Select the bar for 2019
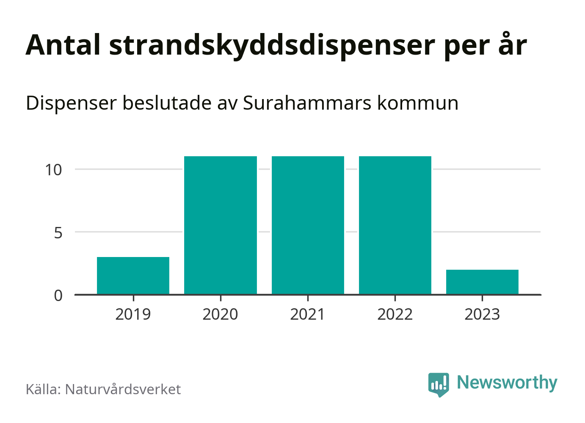(133, 275)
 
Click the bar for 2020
(221, 225)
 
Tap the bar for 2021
(308, 225)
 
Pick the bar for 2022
(395, 225)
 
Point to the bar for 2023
(482, 282)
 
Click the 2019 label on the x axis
(133, 314)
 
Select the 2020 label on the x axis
(221, 314)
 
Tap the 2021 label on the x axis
(308, 314)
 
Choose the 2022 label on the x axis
(395, 314)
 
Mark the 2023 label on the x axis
(482, 314)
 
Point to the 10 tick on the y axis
(54, 170)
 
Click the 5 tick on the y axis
(58, 232)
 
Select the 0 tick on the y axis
(58, 295)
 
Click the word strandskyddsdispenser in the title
(272, 45)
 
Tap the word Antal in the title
(63, 45)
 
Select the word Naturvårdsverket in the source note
(123, 389)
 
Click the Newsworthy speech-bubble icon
(439, 384)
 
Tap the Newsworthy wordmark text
(507, 383)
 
